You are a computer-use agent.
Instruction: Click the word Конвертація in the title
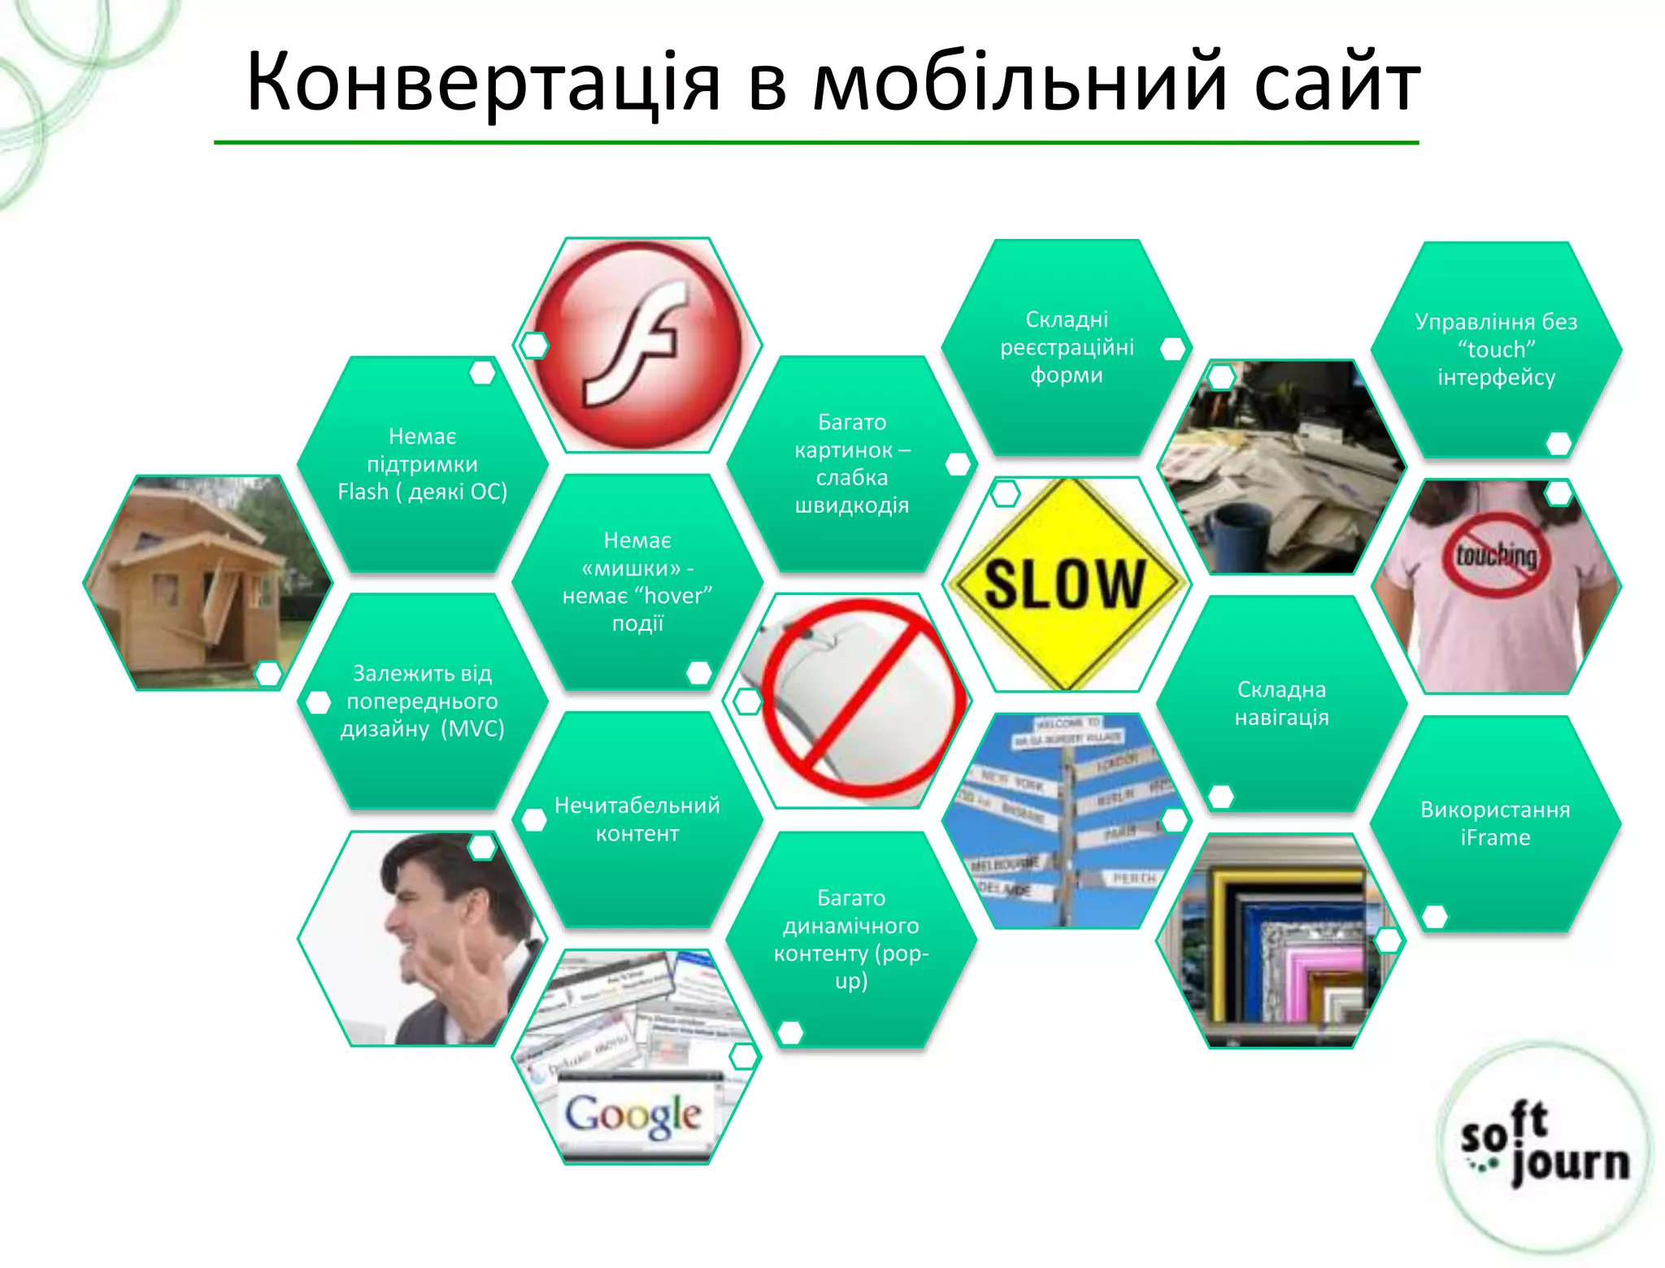[x=483, y=83]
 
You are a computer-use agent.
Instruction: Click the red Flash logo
[x=638, y=345]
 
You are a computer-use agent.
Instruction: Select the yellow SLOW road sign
[x=1065, y=583]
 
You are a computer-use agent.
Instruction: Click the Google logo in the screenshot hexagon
[x=633, y=1114]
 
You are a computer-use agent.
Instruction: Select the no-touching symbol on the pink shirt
[x=1496, y=556]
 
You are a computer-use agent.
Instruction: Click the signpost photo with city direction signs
[x=1065, y=821]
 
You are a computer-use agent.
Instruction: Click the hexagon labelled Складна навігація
[x=1281, y=703]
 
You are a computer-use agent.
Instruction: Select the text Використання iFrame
[x=1495, y=823]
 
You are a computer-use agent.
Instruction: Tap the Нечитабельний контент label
[x=637, y=819]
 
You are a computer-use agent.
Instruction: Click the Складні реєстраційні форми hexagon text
[x=1067, y=347]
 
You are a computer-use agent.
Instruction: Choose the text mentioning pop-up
[x=851, y=953]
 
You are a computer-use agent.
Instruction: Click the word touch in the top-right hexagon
[x=1496, y=350]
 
